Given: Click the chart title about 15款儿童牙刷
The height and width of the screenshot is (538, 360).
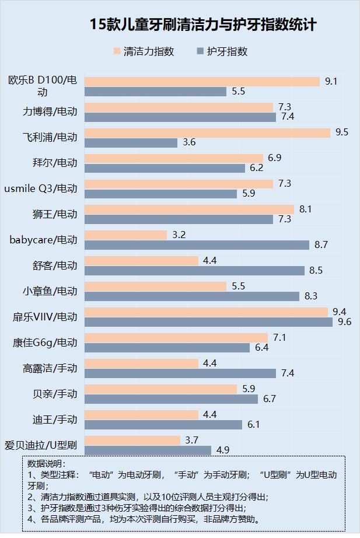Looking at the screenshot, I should [x=203, y=25].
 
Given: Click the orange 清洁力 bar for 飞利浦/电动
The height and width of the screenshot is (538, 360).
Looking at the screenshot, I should [x=207, y=132].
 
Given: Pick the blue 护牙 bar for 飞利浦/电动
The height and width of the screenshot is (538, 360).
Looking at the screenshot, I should [x=131, y=142].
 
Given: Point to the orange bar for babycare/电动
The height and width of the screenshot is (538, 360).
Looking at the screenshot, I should [x=125, y=235].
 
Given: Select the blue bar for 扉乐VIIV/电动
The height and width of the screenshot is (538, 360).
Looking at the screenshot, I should [x=208, y=322].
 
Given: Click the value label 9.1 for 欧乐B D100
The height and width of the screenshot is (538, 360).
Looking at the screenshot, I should [x=331, y=81].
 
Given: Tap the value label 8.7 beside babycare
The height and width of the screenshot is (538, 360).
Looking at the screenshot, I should [x=321, y=245].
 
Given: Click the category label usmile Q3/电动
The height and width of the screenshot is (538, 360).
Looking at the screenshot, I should [x=40, y=188].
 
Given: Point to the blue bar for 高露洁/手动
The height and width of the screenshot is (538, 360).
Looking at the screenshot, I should [x=180, y=373].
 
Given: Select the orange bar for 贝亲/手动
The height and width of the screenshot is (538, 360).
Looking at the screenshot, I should [x=160, y=389].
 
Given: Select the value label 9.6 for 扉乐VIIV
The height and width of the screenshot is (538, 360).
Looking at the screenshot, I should [x=344, y=322].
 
